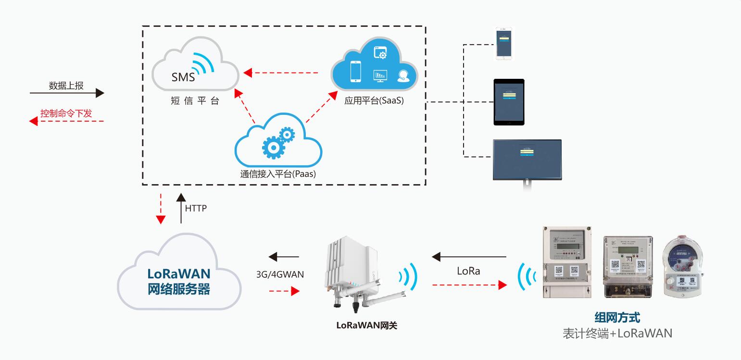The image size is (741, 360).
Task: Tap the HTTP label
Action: pos(196,209)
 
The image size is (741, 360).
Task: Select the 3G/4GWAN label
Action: pos(280,274)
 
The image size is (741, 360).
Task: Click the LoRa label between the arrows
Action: pos(468,271)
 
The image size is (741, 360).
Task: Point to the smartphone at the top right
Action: pos(504,43)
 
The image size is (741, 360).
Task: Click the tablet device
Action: pos(509,102)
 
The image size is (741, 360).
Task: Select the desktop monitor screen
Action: pos(527,159)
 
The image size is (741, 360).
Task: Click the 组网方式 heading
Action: pos(617,318)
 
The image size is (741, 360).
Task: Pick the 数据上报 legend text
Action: pos(66,86)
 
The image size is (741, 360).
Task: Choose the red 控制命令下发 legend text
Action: pos(66,114)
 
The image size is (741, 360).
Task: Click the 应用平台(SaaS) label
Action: pos(374,101)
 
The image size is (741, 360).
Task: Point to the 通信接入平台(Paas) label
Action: pos(278,174)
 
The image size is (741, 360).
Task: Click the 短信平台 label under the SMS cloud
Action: pos(195,101)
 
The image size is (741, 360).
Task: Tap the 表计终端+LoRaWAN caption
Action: pos(617,333)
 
